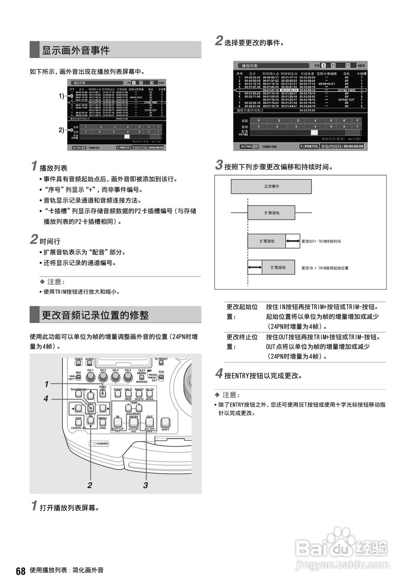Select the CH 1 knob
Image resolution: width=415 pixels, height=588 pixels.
point(90,377)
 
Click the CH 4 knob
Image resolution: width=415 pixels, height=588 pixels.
point(129,377)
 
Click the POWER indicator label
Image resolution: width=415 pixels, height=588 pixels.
point(100,444)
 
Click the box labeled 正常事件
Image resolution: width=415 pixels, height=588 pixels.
point(271,187)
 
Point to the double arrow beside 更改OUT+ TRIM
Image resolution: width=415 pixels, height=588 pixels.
point(292,241)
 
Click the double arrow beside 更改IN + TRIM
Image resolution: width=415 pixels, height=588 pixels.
point(254,267)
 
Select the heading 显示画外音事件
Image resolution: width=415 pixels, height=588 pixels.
point(76,50)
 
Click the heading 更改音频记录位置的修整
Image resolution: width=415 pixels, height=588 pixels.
point(95,315)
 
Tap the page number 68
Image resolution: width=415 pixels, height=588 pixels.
point(20,571)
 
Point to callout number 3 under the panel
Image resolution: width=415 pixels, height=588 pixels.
point(146,485)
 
